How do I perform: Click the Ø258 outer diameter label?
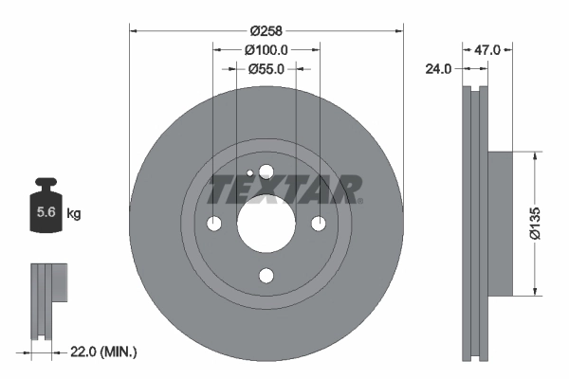tap(266, 29)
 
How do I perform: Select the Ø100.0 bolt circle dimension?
tap(266, 49)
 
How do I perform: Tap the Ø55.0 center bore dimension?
tap(266, 68)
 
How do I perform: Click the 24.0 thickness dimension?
tap(439, 68)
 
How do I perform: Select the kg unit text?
tap(74, 214)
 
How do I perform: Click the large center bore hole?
tap(266, 224)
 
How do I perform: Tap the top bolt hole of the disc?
tap(266, 171)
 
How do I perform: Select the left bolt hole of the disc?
tap(213, 224)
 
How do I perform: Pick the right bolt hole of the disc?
tap(319, 224)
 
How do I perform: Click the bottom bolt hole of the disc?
tap(266, 276)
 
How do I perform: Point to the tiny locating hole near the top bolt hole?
tap(249, 173)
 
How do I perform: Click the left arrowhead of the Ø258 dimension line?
tap(133, 29)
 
